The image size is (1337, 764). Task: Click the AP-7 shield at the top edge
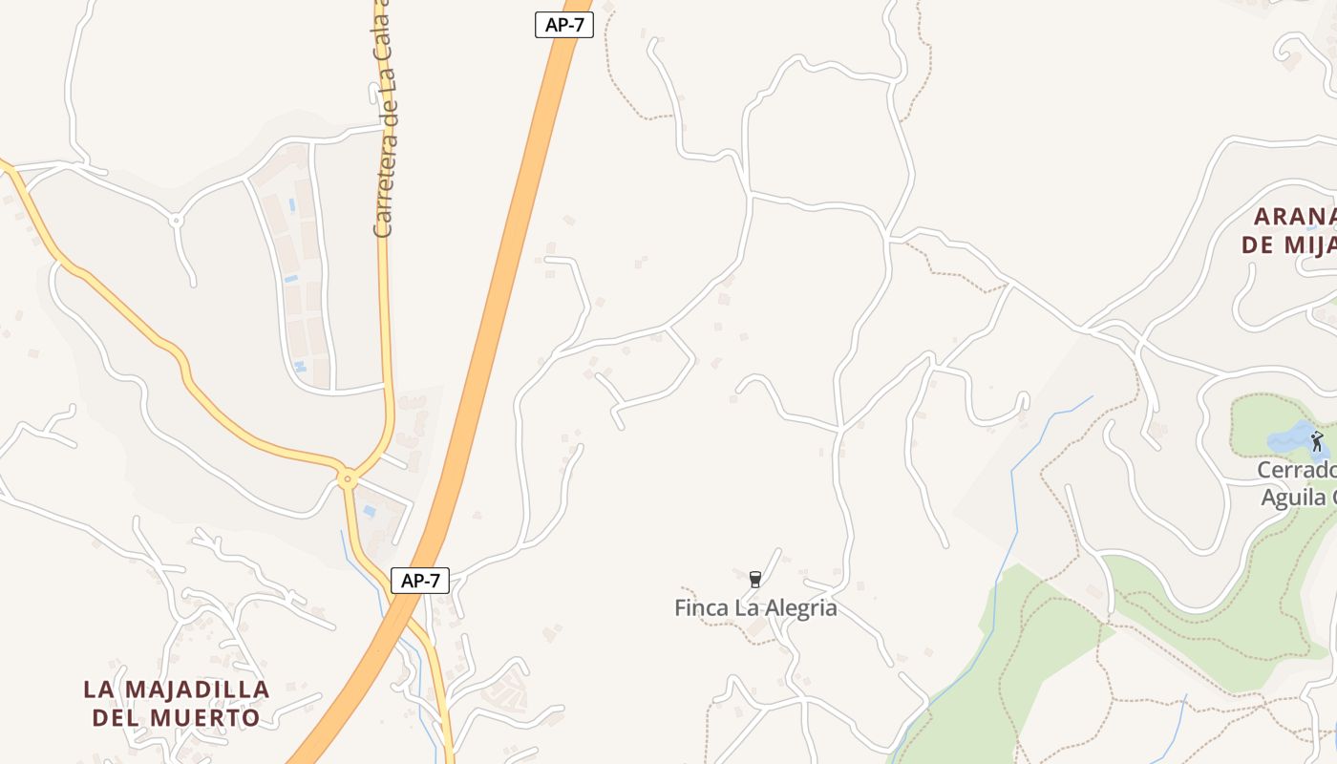564,26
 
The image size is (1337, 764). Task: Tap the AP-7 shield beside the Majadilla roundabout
420,580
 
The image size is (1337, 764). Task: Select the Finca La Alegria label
755,607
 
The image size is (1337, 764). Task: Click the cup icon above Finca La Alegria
755,579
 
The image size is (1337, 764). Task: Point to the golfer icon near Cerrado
1318,441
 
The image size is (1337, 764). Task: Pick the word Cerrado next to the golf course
1296,471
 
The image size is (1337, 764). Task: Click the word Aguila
1293,498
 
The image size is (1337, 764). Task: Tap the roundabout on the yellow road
348,478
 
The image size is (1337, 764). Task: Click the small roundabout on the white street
176,221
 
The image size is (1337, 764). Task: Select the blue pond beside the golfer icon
1289,440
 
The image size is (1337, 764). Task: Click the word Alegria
798,607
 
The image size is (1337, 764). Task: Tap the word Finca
700,607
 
